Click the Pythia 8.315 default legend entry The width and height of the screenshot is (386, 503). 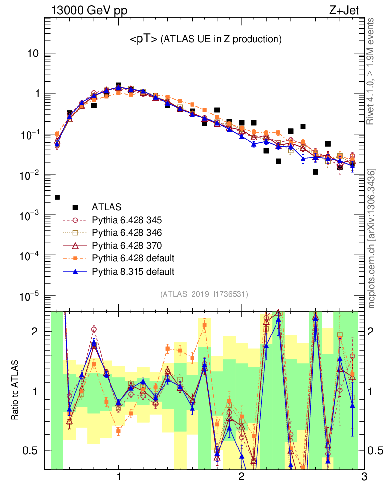click(x=133, y=271)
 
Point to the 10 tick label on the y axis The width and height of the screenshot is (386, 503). click(x=33, y=54)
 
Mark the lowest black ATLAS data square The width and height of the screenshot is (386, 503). click(x=57, y=197)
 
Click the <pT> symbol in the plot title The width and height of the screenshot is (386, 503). click(x=143, y=39)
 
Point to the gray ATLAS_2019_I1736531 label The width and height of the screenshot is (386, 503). click(x=204, y=294)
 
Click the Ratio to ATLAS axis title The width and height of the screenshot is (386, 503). click(x=15, y=391)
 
